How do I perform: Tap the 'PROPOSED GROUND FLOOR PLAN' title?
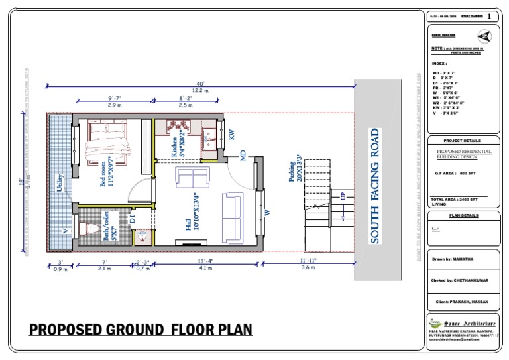pyautogui.click(x=140, y=330)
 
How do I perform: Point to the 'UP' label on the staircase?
pyautogui.click(x=343, y=196)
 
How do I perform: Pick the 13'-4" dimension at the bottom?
pyautogui.click(x=205, y=261)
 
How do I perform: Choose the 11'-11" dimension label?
pyautogui.click(x=308, y=261)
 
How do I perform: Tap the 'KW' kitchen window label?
pyautogui.click(x=232, y=135)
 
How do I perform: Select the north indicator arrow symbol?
pyautogui.click(x=484, y=36)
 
